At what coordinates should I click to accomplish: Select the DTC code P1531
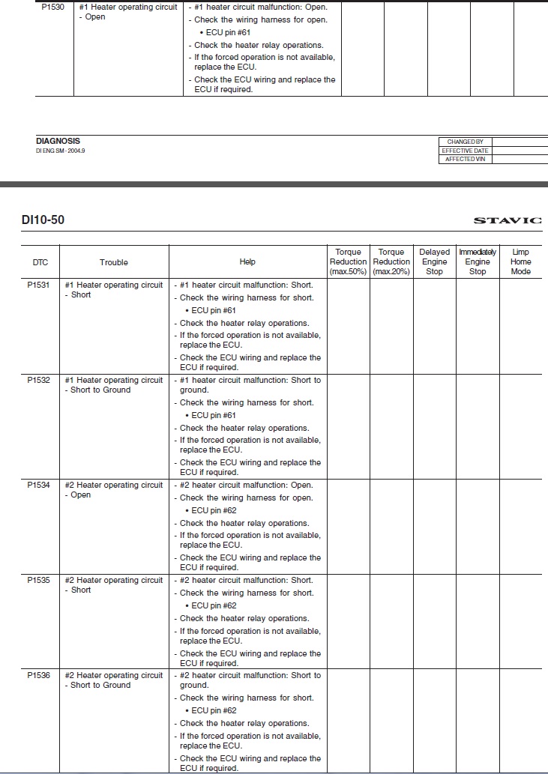(x=39, y=285)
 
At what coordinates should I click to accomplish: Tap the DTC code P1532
(x=39, y=380)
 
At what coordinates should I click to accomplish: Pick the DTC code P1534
(x=39, y=485)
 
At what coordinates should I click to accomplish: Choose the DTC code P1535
(x=39, y=580)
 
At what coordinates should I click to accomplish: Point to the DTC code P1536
(x=39, y=675)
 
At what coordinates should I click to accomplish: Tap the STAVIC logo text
(x=507, y=220)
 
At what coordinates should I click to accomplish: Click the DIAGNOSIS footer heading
(x=58, y=141)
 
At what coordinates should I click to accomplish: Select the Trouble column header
(x=114, y=262)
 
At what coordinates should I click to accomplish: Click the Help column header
(x=247, y=261)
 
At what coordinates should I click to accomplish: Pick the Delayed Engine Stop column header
(x=435, y=261)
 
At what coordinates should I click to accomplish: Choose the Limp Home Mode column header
(x=521, y=261)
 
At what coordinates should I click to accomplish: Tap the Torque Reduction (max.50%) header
(x=349, y=261)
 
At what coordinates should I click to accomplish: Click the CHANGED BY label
(x=465, y=142)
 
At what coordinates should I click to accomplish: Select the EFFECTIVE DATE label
(x=465, y=151)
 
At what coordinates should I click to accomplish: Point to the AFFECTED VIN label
(x=465, y=160)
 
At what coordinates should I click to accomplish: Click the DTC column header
(x=40, y=262)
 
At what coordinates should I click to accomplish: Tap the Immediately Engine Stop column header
(x=478, y=261)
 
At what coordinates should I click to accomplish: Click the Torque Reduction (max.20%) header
(x=391, y=261)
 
